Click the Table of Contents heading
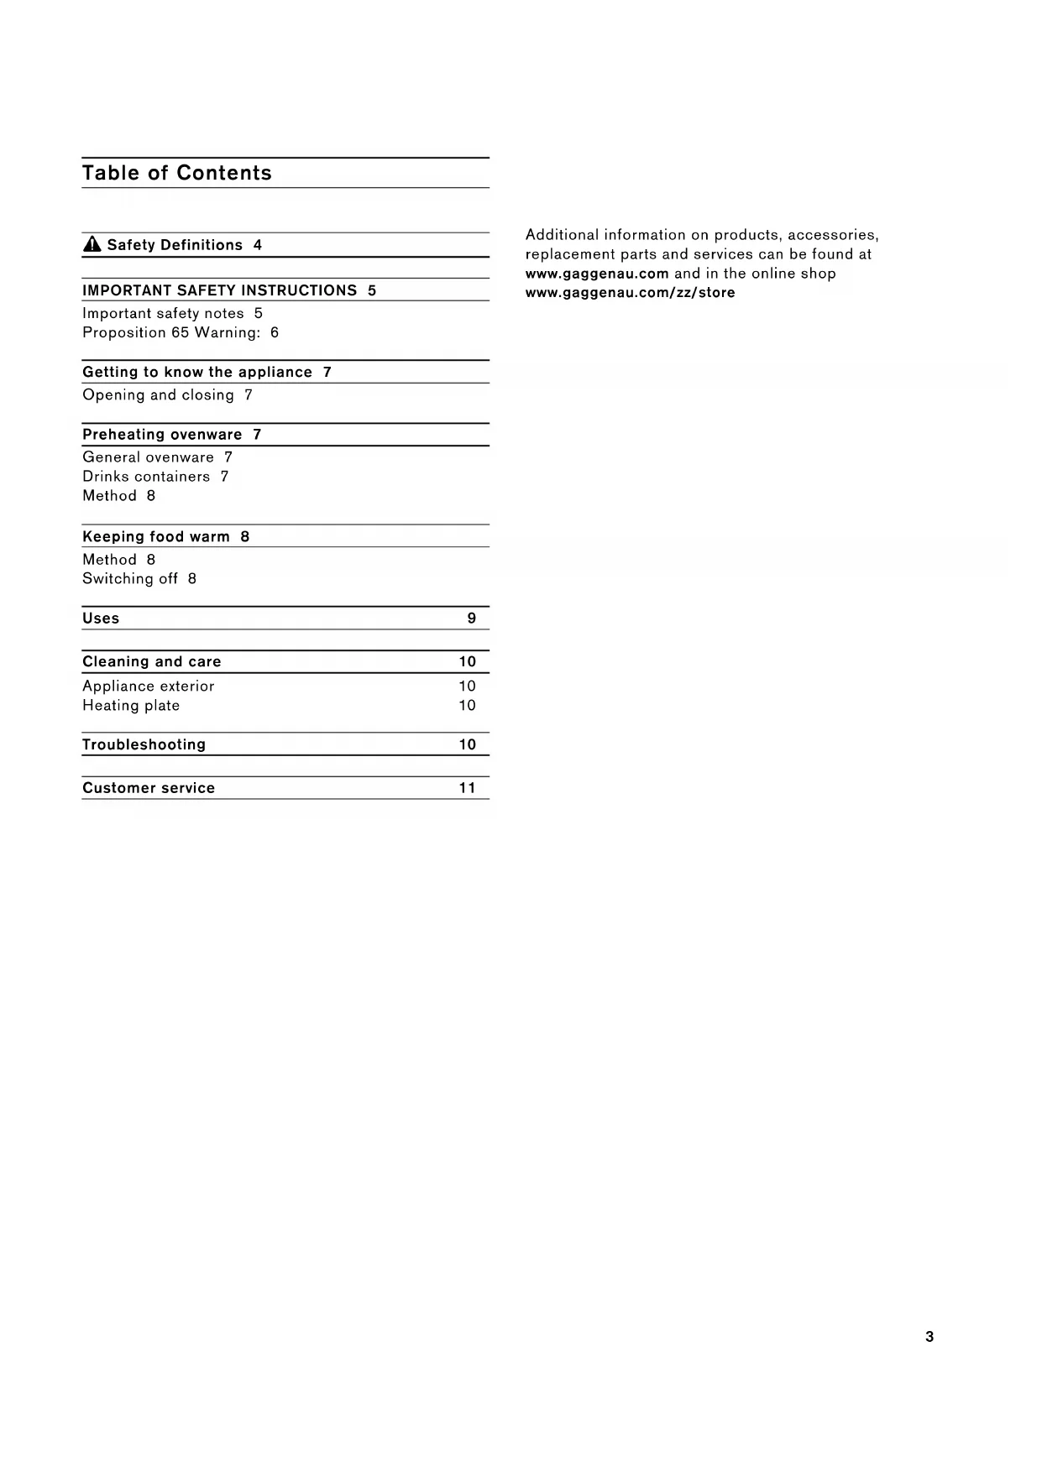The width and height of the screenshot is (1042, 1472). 177,173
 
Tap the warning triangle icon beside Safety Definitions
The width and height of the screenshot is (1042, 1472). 92,245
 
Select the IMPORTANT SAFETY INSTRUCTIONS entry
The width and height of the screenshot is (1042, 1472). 220,290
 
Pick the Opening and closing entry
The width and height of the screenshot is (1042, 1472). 158,394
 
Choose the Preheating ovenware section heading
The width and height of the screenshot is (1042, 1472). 162,434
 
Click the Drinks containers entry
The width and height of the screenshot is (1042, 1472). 146,476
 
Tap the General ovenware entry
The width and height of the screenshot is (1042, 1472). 148,457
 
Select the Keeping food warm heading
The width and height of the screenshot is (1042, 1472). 156,536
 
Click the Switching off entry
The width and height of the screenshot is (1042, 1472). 130,578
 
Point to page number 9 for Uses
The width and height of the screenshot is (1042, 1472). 472,618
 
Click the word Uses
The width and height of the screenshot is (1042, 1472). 101,618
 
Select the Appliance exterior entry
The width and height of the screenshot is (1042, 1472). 149,686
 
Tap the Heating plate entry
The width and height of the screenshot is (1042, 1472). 131,705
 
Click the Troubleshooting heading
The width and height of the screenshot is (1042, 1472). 144,744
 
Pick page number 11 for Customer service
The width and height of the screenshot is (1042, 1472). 468,787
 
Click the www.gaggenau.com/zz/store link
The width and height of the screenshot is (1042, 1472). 630,292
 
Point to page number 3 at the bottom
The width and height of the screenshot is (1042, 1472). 929,1337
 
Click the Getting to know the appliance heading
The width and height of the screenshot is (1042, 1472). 197,372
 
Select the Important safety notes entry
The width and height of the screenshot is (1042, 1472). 163,313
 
